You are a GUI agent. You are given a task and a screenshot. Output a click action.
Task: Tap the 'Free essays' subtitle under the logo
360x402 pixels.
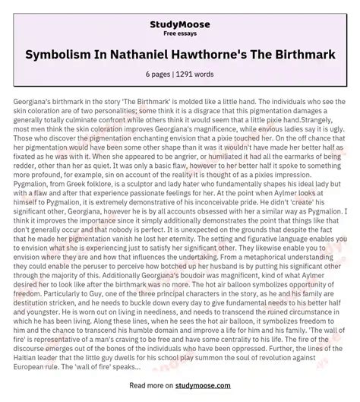pyautogui.click(x=180, y=23)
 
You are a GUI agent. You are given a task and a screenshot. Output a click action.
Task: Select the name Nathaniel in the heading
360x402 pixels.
pyautogui.click(x=153, y=59)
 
